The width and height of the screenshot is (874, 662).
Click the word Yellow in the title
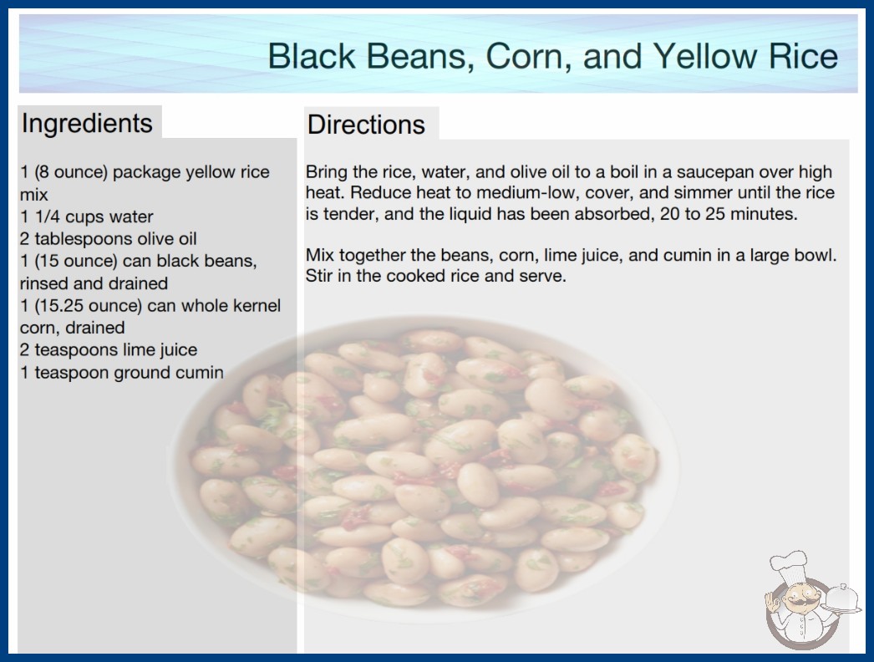point(704,56)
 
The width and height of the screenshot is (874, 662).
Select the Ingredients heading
point(87,124)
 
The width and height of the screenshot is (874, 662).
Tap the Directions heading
point(366,125)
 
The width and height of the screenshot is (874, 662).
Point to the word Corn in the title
point(529,56)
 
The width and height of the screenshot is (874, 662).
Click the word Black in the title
point(312,56)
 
